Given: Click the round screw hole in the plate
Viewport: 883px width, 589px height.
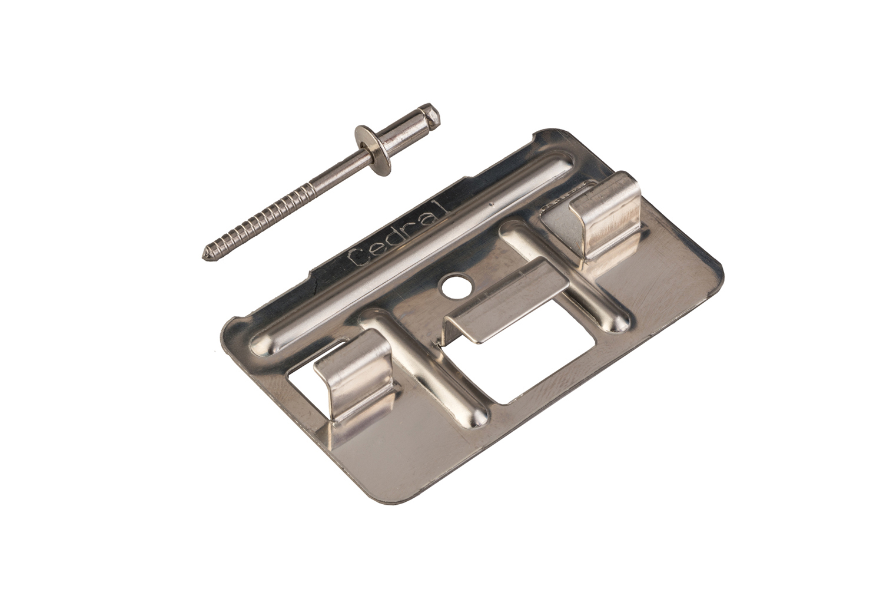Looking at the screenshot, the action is click(x=456, y=287).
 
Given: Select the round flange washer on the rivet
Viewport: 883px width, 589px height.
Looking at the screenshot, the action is click(x=373, y=150).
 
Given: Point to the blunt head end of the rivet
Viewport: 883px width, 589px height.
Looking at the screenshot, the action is click(x=433, y=114).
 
